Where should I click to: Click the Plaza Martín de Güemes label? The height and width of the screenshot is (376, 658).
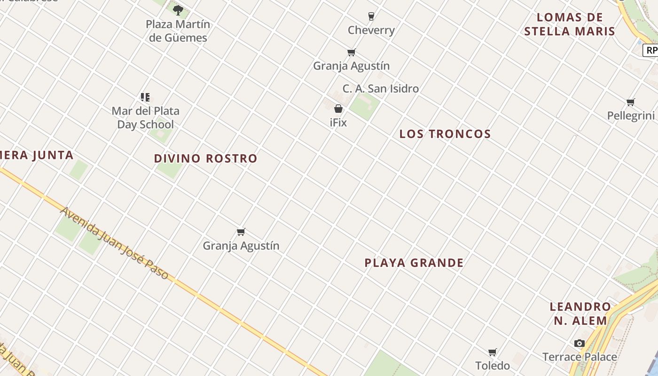point(178,31)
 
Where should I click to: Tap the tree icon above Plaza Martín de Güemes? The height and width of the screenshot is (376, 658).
point(178,10)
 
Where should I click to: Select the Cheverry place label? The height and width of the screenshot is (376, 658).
point(371,31)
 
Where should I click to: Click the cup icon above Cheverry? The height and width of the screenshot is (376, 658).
point(371,16)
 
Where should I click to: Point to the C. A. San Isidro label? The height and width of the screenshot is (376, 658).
point(380,88)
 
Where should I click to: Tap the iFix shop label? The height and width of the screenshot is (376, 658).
point(338,123)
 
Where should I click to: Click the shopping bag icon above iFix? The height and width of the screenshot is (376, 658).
point(338,109)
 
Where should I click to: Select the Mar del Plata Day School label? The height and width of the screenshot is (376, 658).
point(145,118)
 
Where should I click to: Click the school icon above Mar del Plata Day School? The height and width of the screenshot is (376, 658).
point(145,97)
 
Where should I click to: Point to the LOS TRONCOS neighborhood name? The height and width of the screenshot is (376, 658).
point(445,134)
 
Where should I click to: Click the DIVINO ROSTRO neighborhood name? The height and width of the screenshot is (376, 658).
point(205,159)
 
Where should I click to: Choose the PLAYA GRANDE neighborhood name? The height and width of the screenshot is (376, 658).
point(414,263)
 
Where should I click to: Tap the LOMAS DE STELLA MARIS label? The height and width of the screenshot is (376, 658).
point(569,24)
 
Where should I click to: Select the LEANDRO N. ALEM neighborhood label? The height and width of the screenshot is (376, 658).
point(580,314)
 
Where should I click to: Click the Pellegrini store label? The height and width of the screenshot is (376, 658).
point(631,116)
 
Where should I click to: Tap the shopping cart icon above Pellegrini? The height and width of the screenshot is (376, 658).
point(631,102)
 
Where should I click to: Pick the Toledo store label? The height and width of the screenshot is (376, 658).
point(492,366)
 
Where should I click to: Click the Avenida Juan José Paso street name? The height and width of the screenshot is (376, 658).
point(114,243)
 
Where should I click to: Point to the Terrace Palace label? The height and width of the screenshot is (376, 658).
point(579,357)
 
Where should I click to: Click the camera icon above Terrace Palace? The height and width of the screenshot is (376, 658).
point(579,344)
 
